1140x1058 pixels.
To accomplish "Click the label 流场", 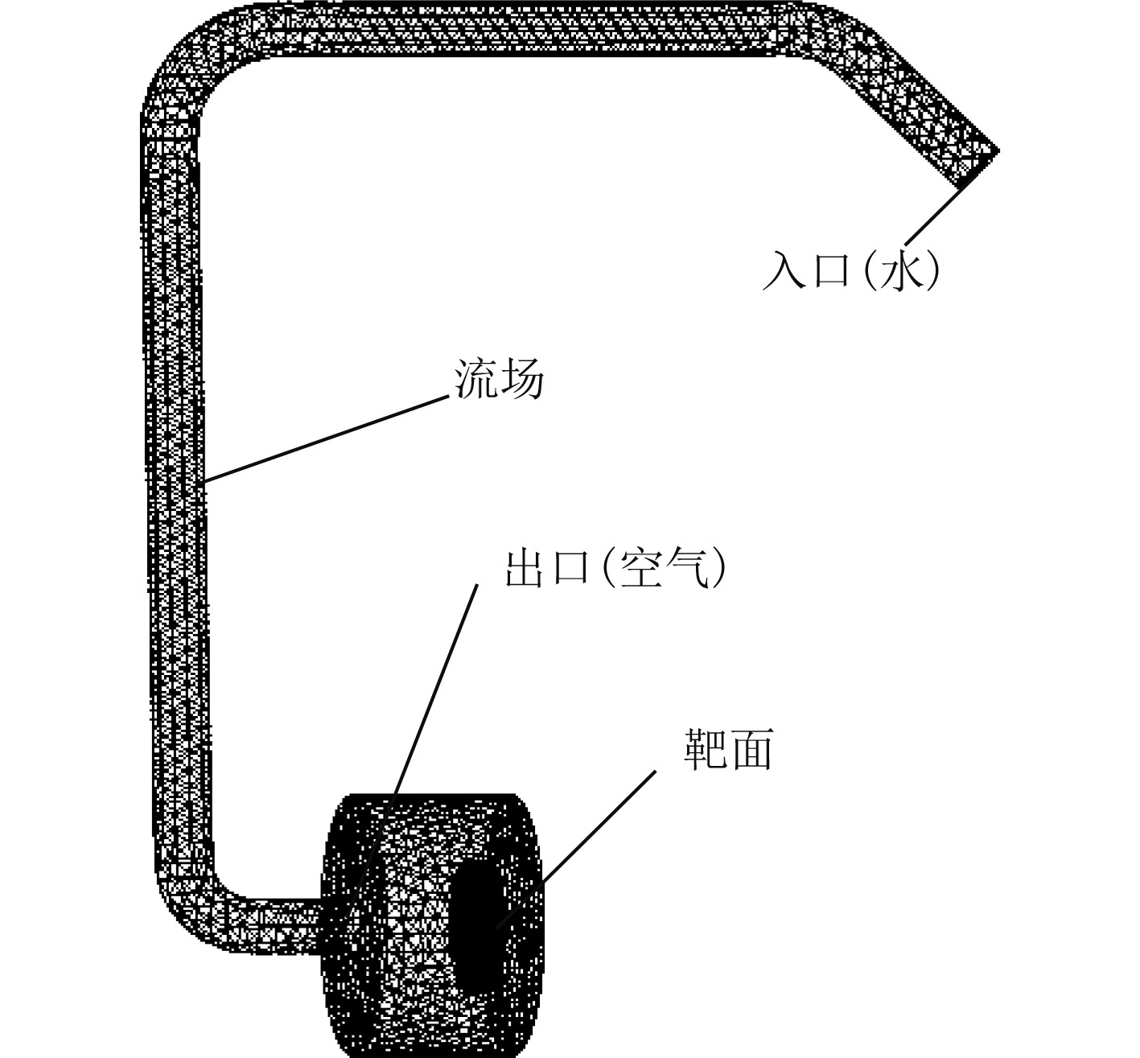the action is click(x=500, y=379).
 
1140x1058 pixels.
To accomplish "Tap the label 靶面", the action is click(x=729, y=750).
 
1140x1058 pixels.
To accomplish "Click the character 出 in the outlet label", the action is click(x=524, y=568).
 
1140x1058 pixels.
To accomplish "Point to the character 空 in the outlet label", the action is click(x=641, y=568).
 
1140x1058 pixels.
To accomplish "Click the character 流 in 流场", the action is click(x=475, y=379).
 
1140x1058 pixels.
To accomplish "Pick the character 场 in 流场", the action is click(x=522, y=379).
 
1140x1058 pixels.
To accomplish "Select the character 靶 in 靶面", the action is click(x=706, y=750).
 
